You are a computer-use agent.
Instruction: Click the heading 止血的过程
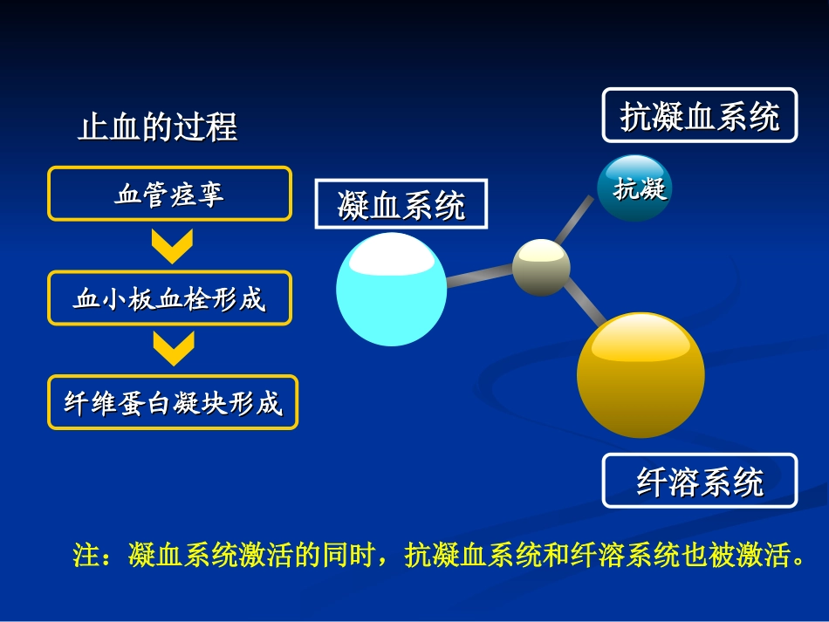coord(158,127)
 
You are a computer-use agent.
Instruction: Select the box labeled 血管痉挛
coord(169,194)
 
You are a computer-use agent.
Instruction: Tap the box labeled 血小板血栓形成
coord(169,299)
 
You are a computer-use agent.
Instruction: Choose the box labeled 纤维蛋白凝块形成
coord(173,403)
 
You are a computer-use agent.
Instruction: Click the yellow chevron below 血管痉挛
coord(172,246)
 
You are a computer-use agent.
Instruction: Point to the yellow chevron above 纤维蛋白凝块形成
coord(172,349)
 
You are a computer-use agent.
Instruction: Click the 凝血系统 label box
coord(401,206)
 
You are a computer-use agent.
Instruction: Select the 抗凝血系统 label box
coord(699,115)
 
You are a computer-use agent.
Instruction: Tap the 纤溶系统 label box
coord(699,481)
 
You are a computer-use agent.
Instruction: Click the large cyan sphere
coord(391,290)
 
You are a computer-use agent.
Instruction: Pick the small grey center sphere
coord(541,267)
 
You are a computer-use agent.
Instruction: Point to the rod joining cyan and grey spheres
coord(479,276)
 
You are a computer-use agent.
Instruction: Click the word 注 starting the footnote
coord(86,557)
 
